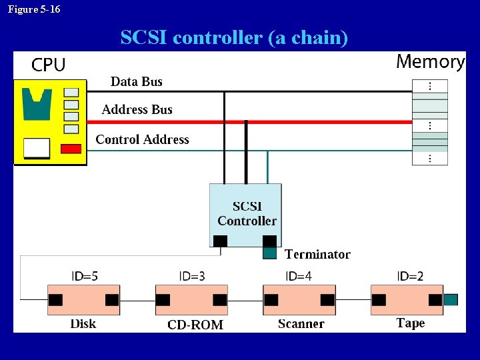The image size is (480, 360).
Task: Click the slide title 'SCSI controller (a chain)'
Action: (234, 38)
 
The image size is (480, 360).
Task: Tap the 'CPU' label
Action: (49, 65)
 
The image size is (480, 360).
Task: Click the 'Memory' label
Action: (430, 62)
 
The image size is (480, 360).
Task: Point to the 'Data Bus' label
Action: (137, 81)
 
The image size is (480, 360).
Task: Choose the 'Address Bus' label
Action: (137, 109)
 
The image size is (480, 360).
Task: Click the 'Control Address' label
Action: (142, 139)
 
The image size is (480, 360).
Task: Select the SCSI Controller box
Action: (246, 213)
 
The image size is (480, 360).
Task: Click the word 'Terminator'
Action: (317, 254)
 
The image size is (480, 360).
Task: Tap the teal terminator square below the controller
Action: (269, 253)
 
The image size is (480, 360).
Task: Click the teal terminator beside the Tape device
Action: (451, 300)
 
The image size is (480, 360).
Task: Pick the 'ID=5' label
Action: (85, 276)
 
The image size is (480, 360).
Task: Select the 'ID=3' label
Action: (192, 276)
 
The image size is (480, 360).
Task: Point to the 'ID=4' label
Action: (299, 276)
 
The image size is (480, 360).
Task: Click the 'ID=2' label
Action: (410, 276)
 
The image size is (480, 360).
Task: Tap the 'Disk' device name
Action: (83, 324)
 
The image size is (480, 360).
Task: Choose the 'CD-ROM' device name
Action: (195, 325)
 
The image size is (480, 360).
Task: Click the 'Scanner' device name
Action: (301, 324)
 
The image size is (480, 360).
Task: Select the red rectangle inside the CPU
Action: (71, 149)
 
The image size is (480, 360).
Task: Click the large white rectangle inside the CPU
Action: (36, 148)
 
